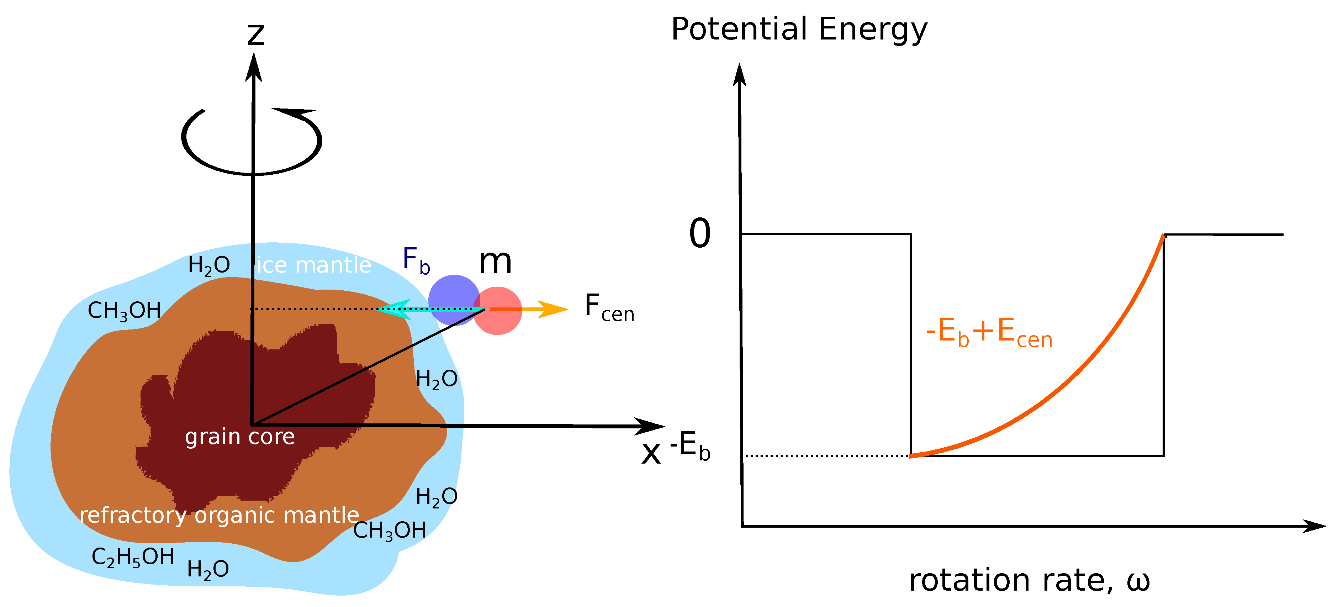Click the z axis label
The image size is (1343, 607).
click(255, 35)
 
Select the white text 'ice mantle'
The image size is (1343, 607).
click(314, 265)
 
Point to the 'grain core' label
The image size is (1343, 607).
click(240, 437)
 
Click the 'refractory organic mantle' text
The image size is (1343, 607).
click(219, 515)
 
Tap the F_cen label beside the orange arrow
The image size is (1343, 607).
click(609, 308)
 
